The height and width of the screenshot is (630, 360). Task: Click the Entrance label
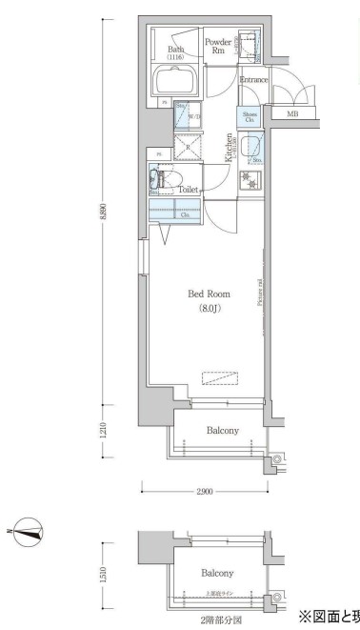(x=252, y=80)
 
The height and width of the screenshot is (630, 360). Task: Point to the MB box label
(x=292, y=114)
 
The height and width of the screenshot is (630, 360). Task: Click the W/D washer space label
(x=194, y=116)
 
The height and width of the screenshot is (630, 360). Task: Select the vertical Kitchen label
(x=230, y=148)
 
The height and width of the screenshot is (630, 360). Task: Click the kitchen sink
(x=252, y=147)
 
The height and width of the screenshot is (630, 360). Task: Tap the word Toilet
(x=190, y=190)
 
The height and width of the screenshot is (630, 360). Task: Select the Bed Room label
(x=208, y=295)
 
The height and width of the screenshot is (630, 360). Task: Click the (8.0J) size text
(x=209, y=309)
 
